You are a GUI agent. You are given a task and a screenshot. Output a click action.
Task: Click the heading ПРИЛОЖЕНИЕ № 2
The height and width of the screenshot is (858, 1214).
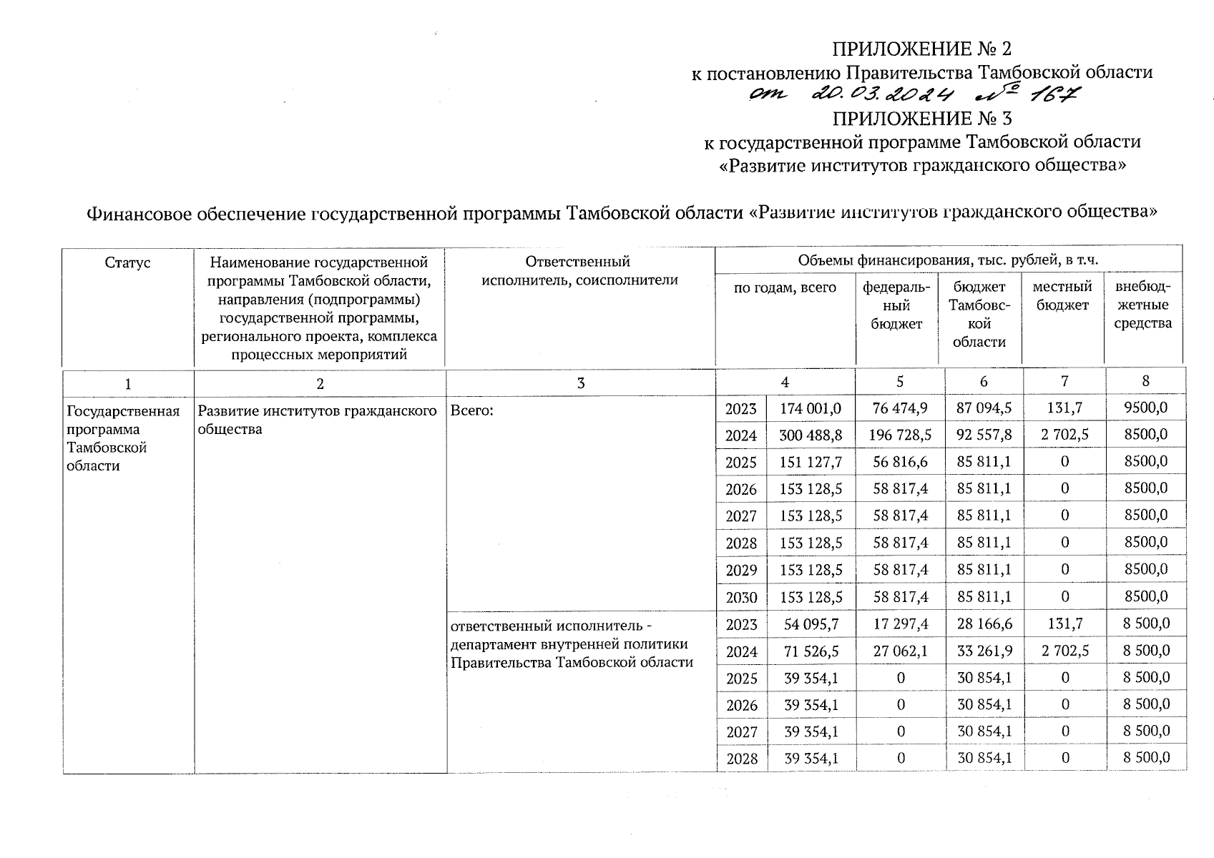[x=921, y=49]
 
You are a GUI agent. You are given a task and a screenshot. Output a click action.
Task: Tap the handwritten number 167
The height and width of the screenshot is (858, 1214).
[x=1056, y=95]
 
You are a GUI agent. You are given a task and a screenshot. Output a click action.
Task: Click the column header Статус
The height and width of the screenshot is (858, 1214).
[x=127, y=262]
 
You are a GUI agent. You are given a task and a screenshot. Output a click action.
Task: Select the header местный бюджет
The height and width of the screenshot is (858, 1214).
[x=1062, y=296]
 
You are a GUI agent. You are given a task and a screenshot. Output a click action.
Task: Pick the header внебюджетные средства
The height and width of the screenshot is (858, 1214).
[x=1143, y=305]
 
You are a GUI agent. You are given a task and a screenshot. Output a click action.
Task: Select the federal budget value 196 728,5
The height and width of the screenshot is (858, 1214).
[x=900, y=435]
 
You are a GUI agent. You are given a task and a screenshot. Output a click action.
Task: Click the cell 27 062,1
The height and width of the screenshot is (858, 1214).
[x=900, y=651]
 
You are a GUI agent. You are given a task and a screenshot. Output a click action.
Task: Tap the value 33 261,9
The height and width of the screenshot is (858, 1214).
[x=984, y=651]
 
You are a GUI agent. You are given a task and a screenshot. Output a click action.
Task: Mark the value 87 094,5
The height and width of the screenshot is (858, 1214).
[x=984, y=408]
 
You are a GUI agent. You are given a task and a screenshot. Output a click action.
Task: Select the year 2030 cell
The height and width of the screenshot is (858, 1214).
[x=740, y=597]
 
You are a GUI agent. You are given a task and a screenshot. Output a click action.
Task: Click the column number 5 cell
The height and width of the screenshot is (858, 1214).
[x=900, y=382]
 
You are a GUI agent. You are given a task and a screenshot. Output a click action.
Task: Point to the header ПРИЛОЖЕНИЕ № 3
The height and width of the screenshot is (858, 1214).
[x=921, y=118]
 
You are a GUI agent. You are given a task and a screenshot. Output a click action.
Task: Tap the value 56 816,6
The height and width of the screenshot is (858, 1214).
[x=900, y=462]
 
